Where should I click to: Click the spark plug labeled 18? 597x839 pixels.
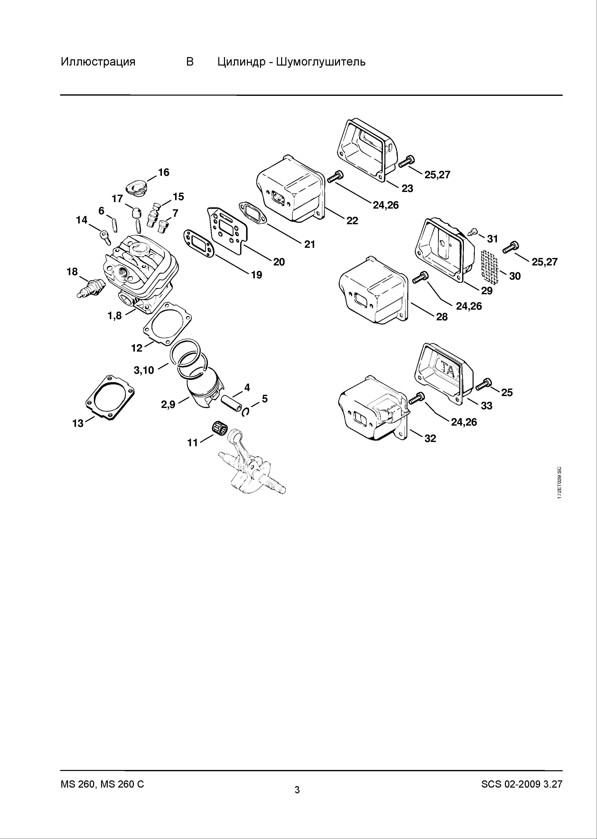pos(90,288)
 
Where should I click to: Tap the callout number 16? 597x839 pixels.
pos(164,172)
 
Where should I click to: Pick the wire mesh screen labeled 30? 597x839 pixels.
pos(490,266)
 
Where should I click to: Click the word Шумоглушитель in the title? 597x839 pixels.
pos(321,61)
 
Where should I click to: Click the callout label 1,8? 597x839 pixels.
pos(114,316)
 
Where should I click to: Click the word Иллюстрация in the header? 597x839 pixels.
pos(98,61)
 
